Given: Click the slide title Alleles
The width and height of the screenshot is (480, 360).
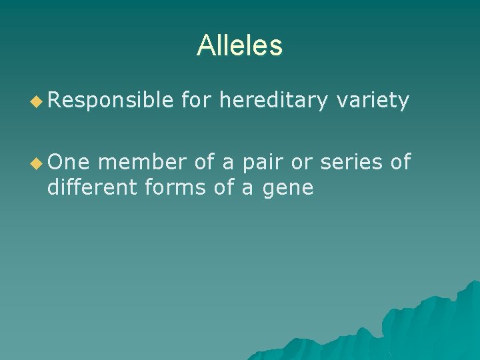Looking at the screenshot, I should (x=239, y=46).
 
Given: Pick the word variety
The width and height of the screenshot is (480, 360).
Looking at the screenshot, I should (x=373, y=101).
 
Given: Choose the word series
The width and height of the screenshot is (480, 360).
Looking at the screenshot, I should (x=353, y=162).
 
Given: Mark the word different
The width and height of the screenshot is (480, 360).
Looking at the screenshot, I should (x=93, y=188).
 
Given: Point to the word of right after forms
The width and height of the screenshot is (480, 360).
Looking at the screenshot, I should (x=225, y=188).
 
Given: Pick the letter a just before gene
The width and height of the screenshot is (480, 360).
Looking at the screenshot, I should (x=247, y=189).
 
